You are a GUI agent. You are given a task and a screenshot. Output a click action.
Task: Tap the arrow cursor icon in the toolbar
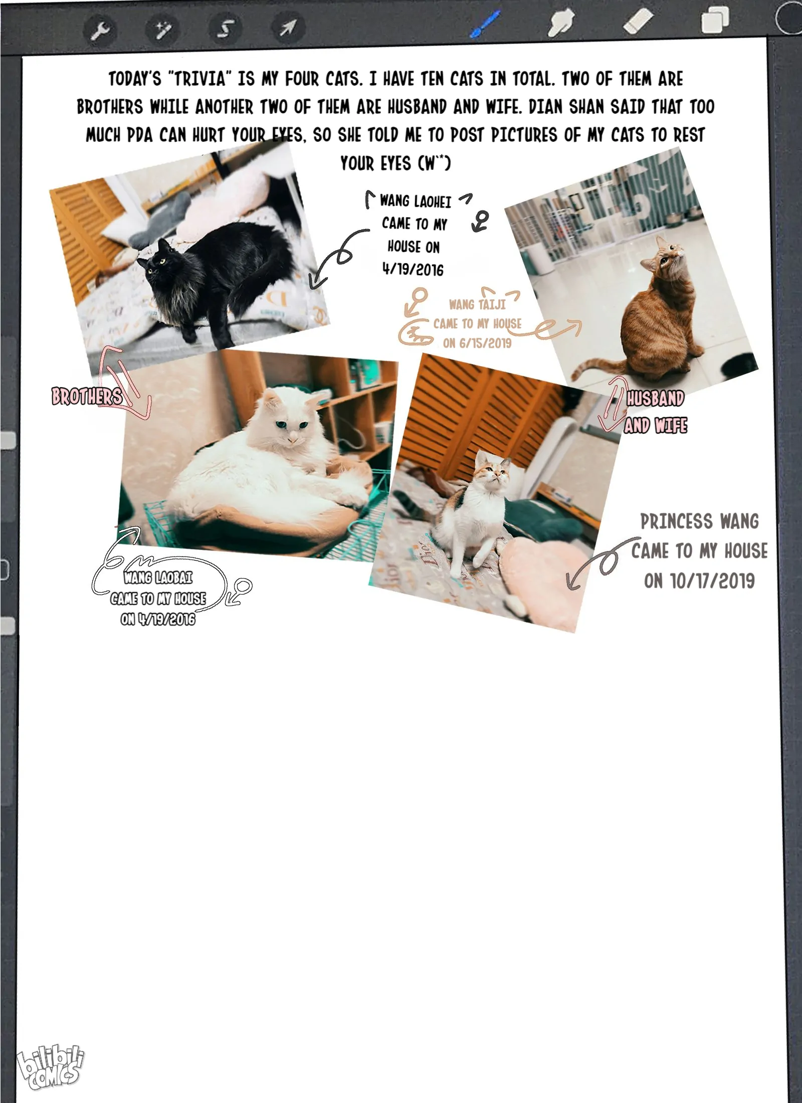click(288, 29)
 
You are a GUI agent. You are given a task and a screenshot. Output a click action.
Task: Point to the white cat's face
click(287, 421)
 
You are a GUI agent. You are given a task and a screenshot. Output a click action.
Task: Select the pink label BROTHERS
click(87, 397)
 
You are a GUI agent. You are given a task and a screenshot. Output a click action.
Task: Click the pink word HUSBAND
click(655, 399)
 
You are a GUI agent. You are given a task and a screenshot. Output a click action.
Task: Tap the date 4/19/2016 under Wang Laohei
click(413, 270)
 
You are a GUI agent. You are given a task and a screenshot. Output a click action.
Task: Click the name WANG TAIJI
click(477, 304)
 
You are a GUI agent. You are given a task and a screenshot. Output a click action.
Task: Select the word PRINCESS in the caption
click(676, 521)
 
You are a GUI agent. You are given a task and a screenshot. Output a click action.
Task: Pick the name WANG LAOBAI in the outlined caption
click(158, 578)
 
